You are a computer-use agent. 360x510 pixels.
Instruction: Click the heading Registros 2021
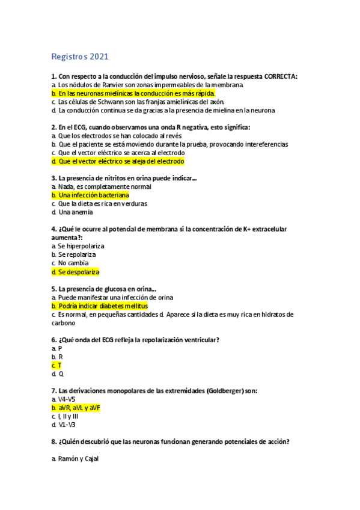point(79,57)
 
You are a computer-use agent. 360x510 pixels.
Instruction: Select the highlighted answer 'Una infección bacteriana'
point(93,195)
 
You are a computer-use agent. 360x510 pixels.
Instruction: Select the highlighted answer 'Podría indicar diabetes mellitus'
point(103,306)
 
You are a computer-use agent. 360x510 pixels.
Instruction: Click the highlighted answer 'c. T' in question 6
point(57,365)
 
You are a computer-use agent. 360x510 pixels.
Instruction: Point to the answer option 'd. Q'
point(58,373)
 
